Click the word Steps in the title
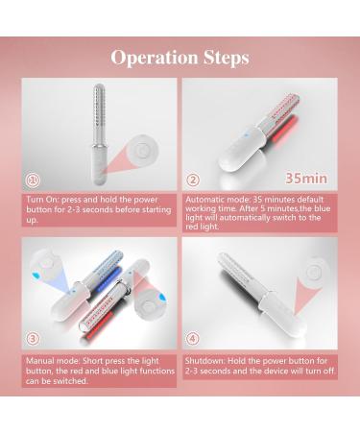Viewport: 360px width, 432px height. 224,58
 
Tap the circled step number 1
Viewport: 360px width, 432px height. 34,178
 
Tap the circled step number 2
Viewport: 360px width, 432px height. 193,178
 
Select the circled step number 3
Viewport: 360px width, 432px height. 34,338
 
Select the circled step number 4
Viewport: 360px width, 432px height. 193,338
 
